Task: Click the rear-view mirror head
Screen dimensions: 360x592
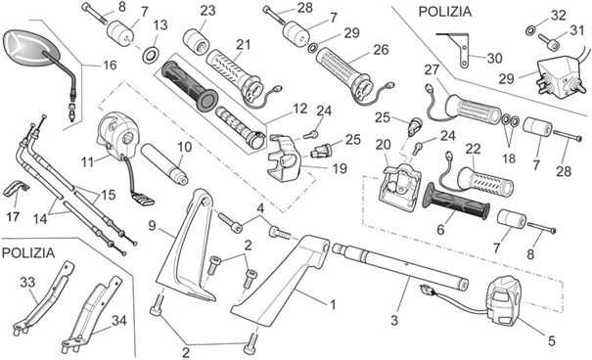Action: (25, 46)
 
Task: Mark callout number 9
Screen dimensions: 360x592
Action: (152, 225)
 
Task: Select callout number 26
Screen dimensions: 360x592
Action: (381, 49)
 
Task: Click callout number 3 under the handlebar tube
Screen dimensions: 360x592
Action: (396, 319)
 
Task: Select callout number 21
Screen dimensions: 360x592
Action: (243, 45)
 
